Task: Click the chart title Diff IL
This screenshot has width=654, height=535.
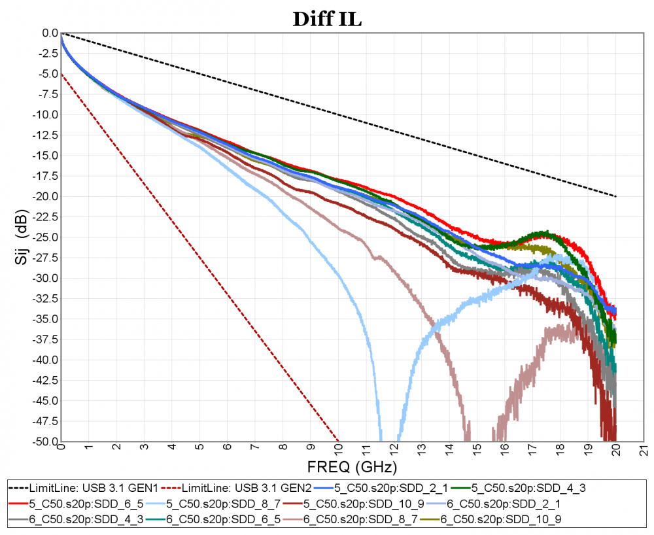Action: pos(326,19)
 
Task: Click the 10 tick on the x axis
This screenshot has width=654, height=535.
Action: pos(338,449)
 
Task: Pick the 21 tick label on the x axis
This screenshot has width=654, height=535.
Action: pos(644,449)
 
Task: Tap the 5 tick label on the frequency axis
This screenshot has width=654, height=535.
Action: pos(199,449)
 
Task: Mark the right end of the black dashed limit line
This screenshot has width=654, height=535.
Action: pos(616,196)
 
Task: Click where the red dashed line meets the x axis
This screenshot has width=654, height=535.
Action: pos(338,441)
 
